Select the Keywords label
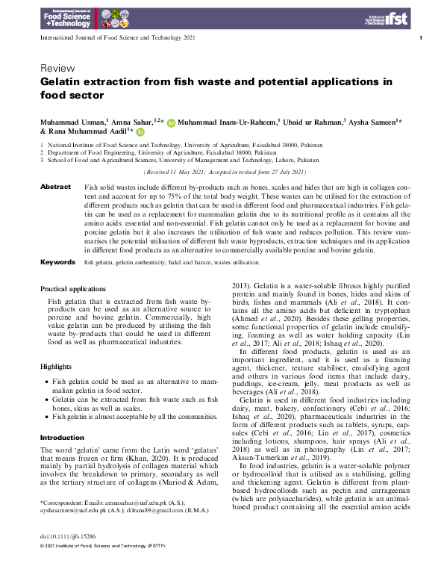[x=57, y=263]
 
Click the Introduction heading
[x=62, y=438]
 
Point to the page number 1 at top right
[x=421, y=37]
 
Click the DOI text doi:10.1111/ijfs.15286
[x=73, y=557]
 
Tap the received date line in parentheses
[x=225, y=171]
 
